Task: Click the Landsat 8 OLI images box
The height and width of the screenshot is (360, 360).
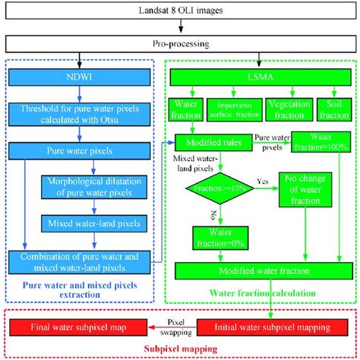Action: click(180, 11)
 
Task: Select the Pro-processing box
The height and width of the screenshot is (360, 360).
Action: click(180, 43)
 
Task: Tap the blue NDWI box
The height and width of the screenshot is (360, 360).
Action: click(83, 76)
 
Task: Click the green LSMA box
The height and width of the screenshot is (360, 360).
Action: click(260, 76)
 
